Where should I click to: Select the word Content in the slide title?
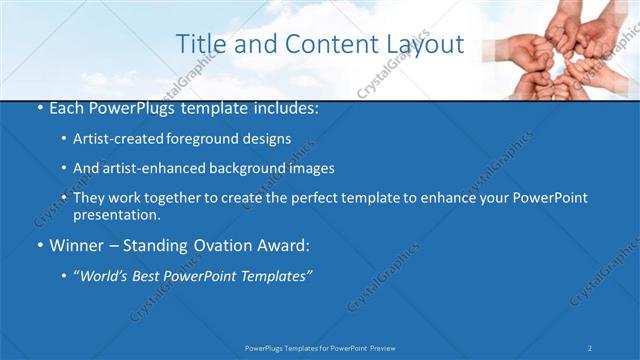tap(331, 44)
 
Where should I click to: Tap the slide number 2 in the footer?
tap(590, 347)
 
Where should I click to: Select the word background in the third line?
tap(240, 168)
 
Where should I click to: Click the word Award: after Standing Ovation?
tap(287, 245)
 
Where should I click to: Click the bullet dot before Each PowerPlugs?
tap(39, 107)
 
